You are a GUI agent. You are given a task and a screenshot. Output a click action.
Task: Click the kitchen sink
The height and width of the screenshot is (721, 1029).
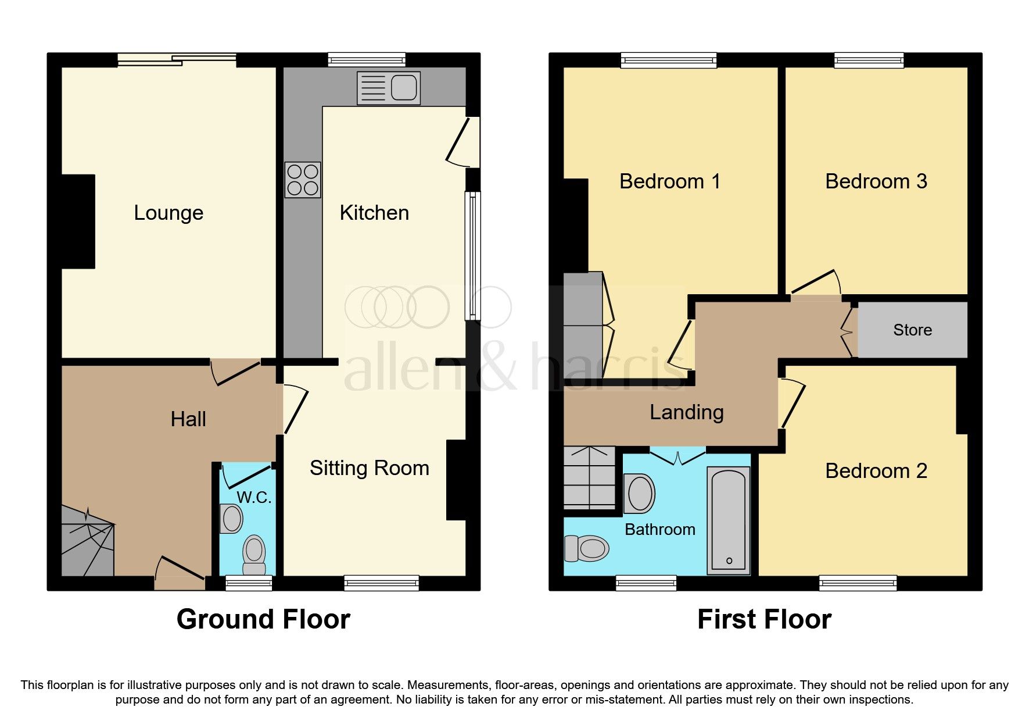(388, 88)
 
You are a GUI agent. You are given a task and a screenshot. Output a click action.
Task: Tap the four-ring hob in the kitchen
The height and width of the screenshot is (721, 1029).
(303, 180)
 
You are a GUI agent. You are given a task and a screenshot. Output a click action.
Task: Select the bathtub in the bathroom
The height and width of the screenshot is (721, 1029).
(728, 520)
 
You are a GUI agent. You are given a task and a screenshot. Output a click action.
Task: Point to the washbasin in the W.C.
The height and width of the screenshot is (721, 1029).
(231, 519)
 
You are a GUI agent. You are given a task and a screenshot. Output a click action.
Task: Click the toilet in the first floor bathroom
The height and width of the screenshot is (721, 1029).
(587, 548)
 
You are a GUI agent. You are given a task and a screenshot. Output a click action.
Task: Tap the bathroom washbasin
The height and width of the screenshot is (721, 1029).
(639, 494)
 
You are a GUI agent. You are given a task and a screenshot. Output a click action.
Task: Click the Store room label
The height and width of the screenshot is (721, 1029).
(912, 330)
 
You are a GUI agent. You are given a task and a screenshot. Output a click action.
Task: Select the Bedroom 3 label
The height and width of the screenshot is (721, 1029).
(876, 181)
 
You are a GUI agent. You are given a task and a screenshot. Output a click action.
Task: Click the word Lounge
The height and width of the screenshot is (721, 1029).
(168, 213)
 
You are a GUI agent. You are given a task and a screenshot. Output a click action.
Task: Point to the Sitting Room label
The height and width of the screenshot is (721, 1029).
(369, 468)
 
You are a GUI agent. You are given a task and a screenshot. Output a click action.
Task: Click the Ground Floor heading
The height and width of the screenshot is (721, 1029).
(263, 619)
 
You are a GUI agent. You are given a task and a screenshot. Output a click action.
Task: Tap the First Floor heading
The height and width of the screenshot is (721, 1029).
(764, 619)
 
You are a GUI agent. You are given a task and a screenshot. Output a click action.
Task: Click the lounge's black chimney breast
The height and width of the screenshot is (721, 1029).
(78, 222)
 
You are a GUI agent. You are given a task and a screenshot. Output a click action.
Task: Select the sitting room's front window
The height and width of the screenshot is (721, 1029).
(381, 582)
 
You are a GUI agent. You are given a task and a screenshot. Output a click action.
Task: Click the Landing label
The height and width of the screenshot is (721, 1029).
(686, 412)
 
